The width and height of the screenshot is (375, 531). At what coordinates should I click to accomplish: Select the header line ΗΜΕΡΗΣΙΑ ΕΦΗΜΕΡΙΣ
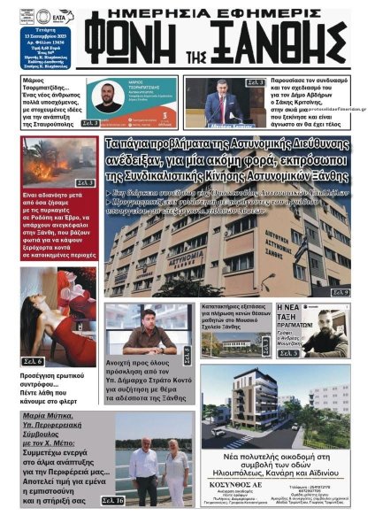click(x=218, y=12)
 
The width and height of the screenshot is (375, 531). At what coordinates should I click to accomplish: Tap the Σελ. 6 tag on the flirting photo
click(x=33, y=361)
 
